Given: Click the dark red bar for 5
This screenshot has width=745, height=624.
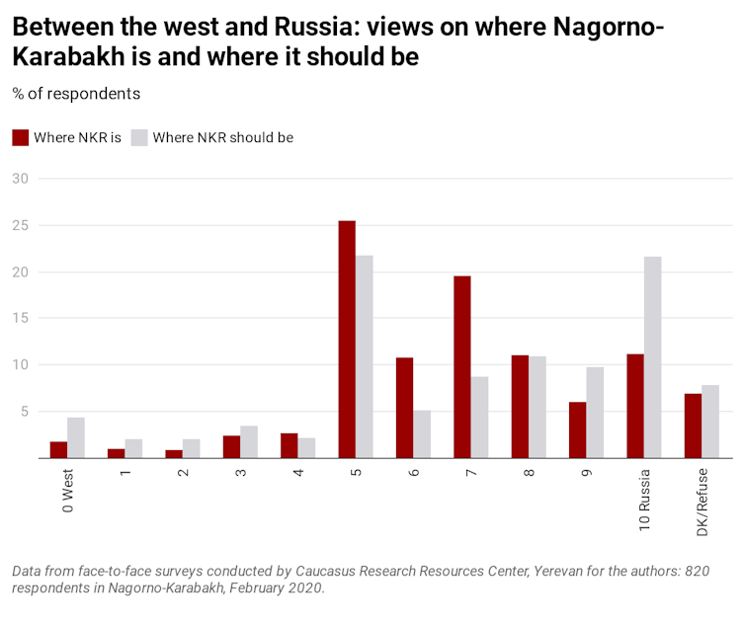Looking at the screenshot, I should [347, 340].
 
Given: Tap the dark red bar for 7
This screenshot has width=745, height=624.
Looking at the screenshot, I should [461, 367].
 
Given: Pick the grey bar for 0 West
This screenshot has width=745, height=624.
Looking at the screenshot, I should [76, 437].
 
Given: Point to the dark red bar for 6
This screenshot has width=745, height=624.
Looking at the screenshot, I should [404, 408].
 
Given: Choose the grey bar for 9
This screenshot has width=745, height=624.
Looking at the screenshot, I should [595, 413].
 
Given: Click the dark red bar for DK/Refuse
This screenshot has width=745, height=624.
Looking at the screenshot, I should [693, 426].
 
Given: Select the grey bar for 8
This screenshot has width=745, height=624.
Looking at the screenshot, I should [538, 407].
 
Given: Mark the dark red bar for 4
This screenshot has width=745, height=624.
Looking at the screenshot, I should [290, 445].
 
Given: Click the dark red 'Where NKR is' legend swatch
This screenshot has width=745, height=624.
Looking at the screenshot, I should [21, 138].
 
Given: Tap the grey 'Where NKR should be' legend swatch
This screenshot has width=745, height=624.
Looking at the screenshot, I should [139, 138].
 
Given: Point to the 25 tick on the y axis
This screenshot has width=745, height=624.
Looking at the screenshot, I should [21, 225].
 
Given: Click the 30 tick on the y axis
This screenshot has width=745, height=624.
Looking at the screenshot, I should [21, 179].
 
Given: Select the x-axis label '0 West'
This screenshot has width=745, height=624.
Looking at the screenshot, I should [68, 491].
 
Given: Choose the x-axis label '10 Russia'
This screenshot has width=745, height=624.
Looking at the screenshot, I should [644, 499].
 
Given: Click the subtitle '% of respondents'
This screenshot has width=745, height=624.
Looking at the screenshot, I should [76, 94].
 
